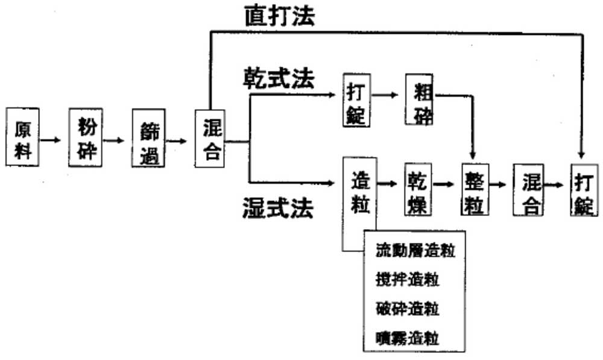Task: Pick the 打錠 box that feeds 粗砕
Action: tap(356, 100)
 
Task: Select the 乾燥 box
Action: tap(417, 189)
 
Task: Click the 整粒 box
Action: tap(475, 189)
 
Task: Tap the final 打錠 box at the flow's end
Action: tap(583, 189)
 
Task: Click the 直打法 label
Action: tap(279, 16)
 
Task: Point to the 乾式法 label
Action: tap(279, 78)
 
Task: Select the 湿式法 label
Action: tap(278, 208)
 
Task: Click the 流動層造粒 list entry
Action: tap(414, 250)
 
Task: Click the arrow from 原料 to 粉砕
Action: tap(51, 141)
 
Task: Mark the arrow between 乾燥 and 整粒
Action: tap(445, 184)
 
